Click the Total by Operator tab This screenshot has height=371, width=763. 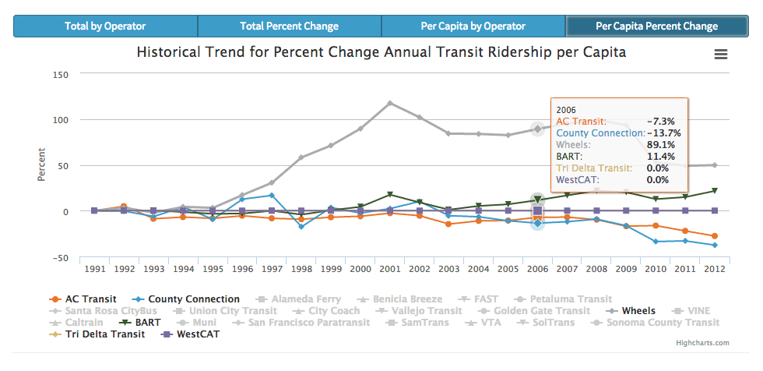(x=105, y=26)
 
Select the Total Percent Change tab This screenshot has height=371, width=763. (x=289, y=26)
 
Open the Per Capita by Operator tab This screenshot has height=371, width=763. (x=473, y=26)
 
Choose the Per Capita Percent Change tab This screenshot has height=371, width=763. (x=656, y=26)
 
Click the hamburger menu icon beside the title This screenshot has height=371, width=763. (x=721, y=54)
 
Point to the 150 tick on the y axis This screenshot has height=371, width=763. (x=61, y=74)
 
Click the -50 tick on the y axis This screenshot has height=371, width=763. (x=61, y=257)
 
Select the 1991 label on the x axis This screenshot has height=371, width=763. (x=94, y=269)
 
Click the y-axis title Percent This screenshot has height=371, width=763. (x=41, y=165)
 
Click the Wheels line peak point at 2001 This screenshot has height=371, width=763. (x=390, y=103)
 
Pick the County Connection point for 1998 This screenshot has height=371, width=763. (x=301, y=227)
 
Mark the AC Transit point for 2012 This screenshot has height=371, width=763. (x=715, y=236)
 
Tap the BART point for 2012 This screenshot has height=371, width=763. (x=715, y=190)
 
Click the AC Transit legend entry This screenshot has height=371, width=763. (x=86, y=299)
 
